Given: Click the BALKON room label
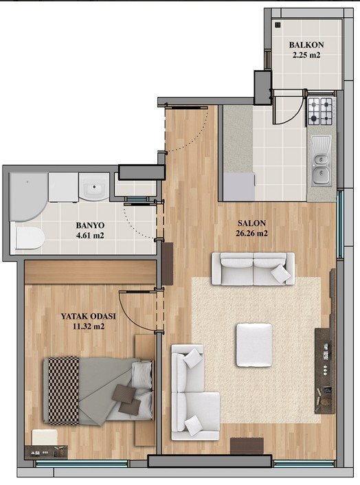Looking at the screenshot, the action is pyautogui.click(x=306, y=45).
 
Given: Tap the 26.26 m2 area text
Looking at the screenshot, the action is pyautogui.click(x=251, y=233).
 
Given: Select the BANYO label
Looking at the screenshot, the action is pyautogui.click(x=90, y=225).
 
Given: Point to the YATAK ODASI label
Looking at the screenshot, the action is pyautogui.click(x=88, y=316).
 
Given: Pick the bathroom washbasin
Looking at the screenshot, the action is pyautogui.click(x=94, y=187).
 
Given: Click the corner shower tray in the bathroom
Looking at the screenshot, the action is pyautogui.click(x=27, y=196).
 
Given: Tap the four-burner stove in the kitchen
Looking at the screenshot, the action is pyautogui.click(x=319, y=111).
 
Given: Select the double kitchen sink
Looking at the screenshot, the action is pyautogui.click(x=321, y=161).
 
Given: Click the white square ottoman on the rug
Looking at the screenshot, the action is pyautogui.click(x=254, y=345).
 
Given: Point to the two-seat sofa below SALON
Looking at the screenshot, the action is pyautogui.click(x=253, y=269).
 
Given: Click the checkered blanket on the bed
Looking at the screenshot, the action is pyautogui.click(x=64, y=390).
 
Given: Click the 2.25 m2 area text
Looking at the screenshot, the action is pyautogui.click(x=306, y=55).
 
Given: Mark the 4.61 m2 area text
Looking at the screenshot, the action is pyautogui.click(x=90, y=236).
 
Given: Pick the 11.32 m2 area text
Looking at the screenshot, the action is pyautogui.click(x=89, y=326).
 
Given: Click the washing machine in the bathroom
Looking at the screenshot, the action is pyautogui.click(x=63, y=188).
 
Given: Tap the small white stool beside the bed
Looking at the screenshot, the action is pyautogui.click(x=45, y=438).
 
